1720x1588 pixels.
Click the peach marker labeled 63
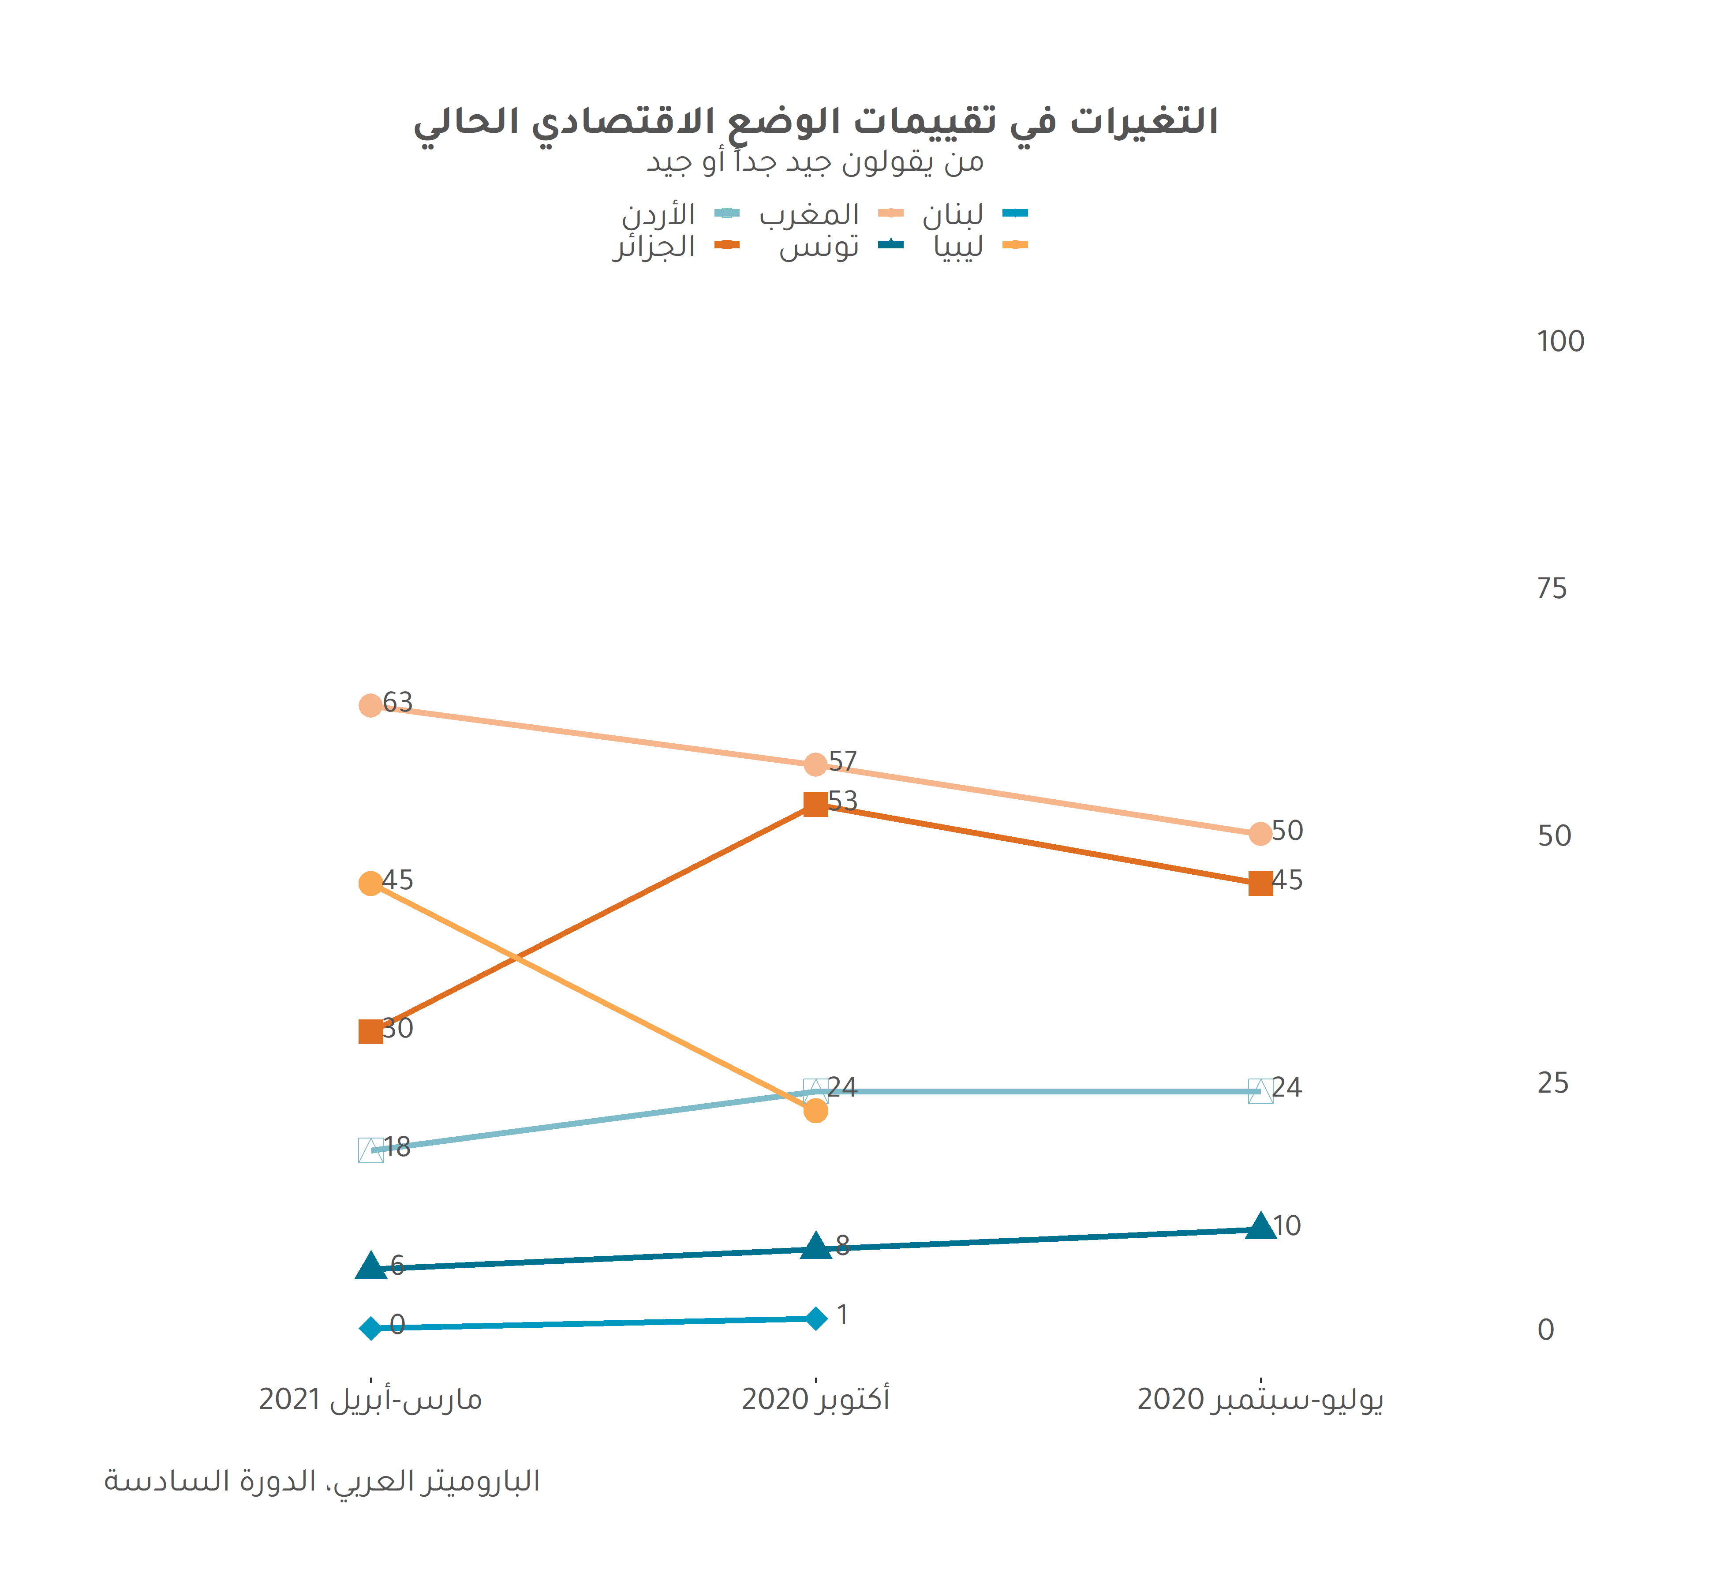370,705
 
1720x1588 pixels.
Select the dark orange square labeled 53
815,804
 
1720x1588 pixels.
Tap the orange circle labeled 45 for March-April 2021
370,884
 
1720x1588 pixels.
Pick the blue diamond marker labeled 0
370,1329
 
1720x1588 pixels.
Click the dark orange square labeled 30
370,1031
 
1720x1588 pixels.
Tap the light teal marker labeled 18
370,1150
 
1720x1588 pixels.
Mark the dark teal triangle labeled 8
815,1246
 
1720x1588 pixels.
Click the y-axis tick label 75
1552,588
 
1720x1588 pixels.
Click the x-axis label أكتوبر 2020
815,1399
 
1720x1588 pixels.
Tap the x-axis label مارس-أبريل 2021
370,1399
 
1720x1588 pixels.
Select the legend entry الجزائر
654,247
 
